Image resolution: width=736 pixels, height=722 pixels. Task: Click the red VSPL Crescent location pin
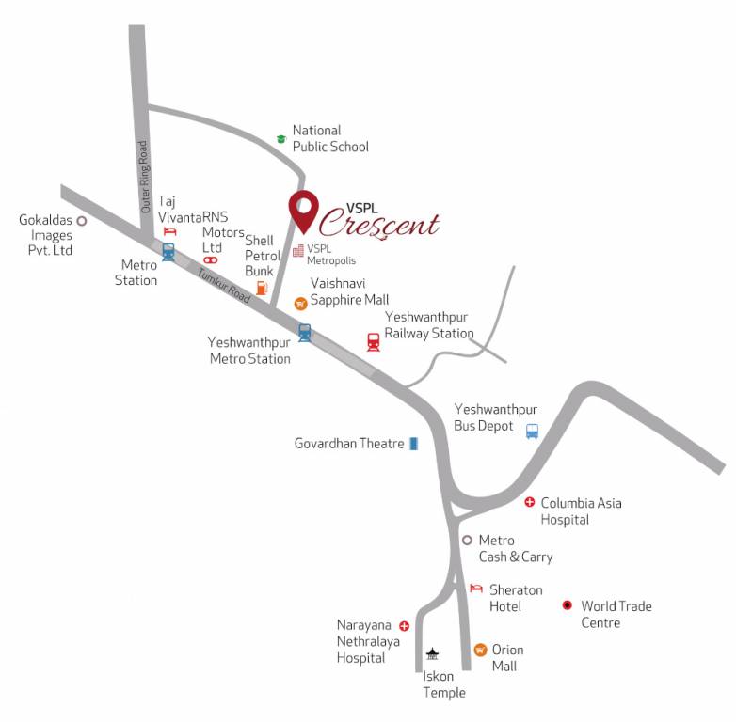(303, 210)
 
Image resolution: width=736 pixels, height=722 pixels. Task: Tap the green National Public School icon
(280, 139)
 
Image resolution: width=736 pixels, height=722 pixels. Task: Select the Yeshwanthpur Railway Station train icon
(374, 341)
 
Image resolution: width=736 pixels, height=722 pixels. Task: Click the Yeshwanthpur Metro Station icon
(304, 332)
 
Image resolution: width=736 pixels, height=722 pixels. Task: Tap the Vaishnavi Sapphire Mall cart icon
(300, 303)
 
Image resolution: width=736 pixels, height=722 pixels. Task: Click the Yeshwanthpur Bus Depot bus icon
(532, 432)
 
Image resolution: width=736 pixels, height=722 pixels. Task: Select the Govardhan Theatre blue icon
(413, 444)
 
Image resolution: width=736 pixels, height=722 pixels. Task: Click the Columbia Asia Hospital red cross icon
(530, 503)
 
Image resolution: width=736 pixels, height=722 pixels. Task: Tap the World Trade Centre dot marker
(567, 605)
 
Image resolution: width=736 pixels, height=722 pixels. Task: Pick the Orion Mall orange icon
(480, 650)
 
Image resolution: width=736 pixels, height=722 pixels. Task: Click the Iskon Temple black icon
(433, 653)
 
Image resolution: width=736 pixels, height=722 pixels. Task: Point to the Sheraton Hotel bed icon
(475, 589)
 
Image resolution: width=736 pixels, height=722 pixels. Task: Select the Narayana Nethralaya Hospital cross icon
(405, 625)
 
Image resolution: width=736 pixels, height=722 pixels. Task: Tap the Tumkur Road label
(224, 286)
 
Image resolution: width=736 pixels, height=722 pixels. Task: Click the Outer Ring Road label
(144, 176)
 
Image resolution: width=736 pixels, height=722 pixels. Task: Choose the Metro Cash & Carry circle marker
(466, 540)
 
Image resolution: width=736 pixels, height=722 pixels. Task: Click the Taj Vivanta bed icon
(170, 231)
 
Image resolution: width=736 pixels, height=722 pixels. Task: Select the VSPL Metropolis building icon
(297, 251)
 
